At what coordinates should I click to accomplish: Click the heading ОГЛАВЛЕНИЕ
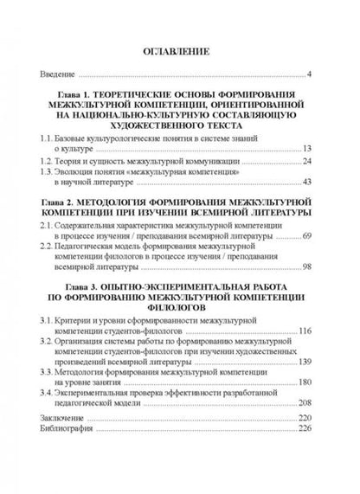pos(179,53)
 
